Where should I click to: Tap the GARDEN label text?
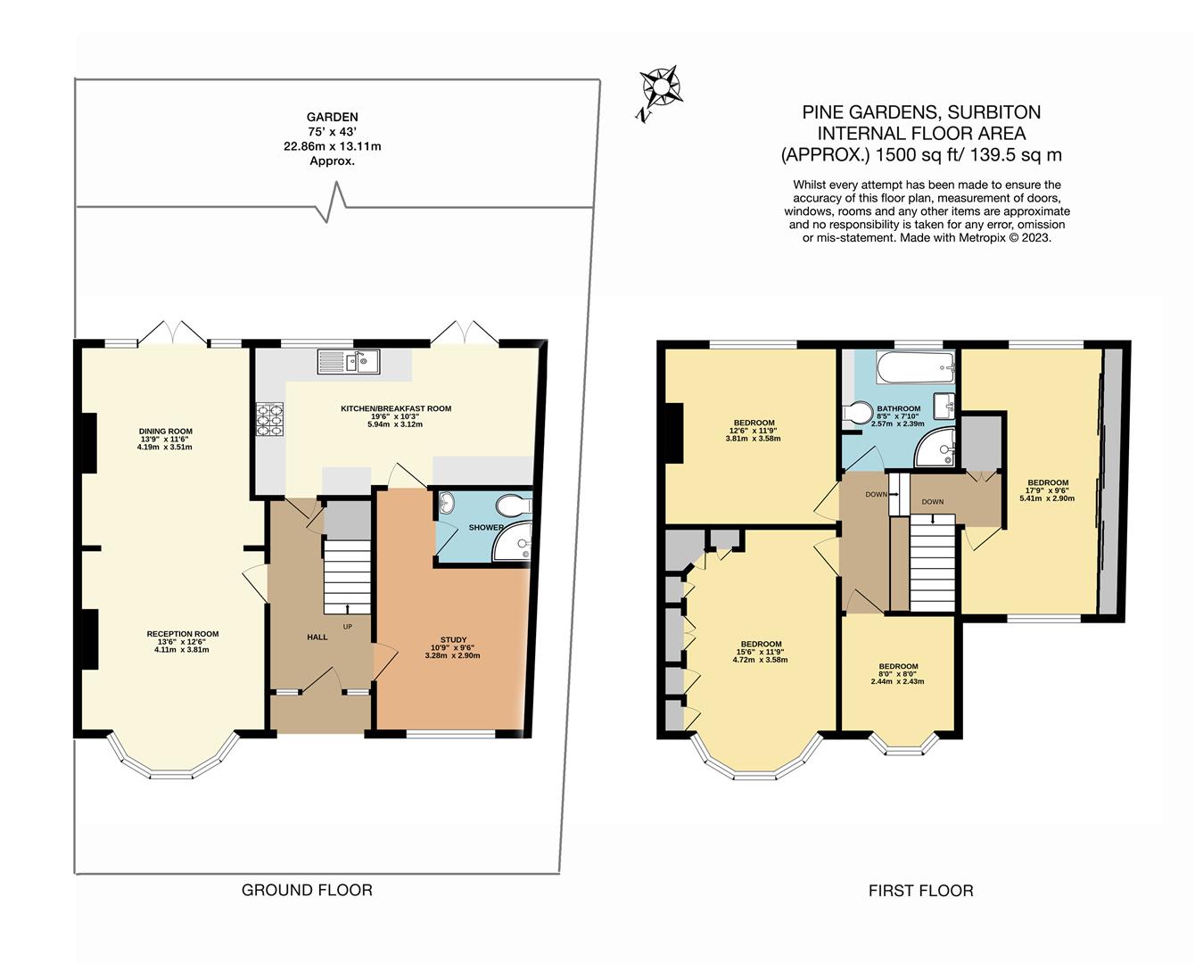332,117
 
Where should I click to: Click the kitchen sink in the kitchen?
349,361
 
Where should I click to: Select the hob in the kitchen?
270,419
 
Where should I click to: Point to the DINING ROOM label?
165,432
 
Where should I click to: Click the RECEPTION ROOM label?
182,634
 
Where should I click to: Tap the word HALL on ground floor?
317,637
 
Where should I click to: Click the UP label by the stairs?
347,626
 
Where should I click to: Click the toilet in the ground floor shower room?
514,506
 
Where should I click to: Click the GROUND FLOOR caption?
307,890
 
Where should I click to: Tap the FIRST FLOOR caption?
920,890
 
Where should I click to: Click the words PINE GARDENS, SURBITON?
921,112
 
